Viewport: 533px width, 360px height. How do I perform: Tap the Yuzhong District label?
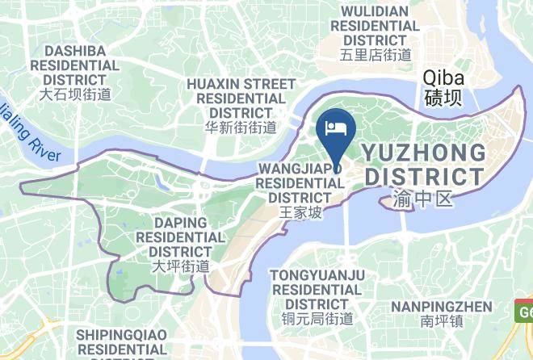pyautogui.click(x=423, y=164)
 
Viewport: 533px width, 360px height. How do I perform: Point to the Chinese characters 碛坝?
pyautogui.click(x=443, y=99)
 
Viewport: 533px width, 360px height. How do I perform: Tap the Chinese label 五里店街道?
pyautogui.click(x=376, y=55)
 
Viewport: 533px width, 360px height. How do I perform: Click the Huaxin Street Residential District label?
pyautogui.click(x=241, y=98)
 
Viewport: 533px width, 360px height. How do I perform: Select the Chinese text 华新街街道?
pyautogui.click(x=241, y=127)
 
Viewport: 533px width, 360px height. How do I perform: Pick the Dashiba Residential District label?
pyautogui.click(x=76, y=65)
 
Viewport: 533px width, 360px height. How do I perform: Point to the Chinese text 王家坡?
pyautogui.click(x=300, y=213)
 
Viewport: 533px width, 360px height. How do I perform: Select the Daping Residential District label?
pyautogui.click(x=180, y=237)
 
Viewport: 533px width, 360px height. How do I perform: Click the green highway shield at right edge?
pyautogui.click(x=524, y=311)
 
